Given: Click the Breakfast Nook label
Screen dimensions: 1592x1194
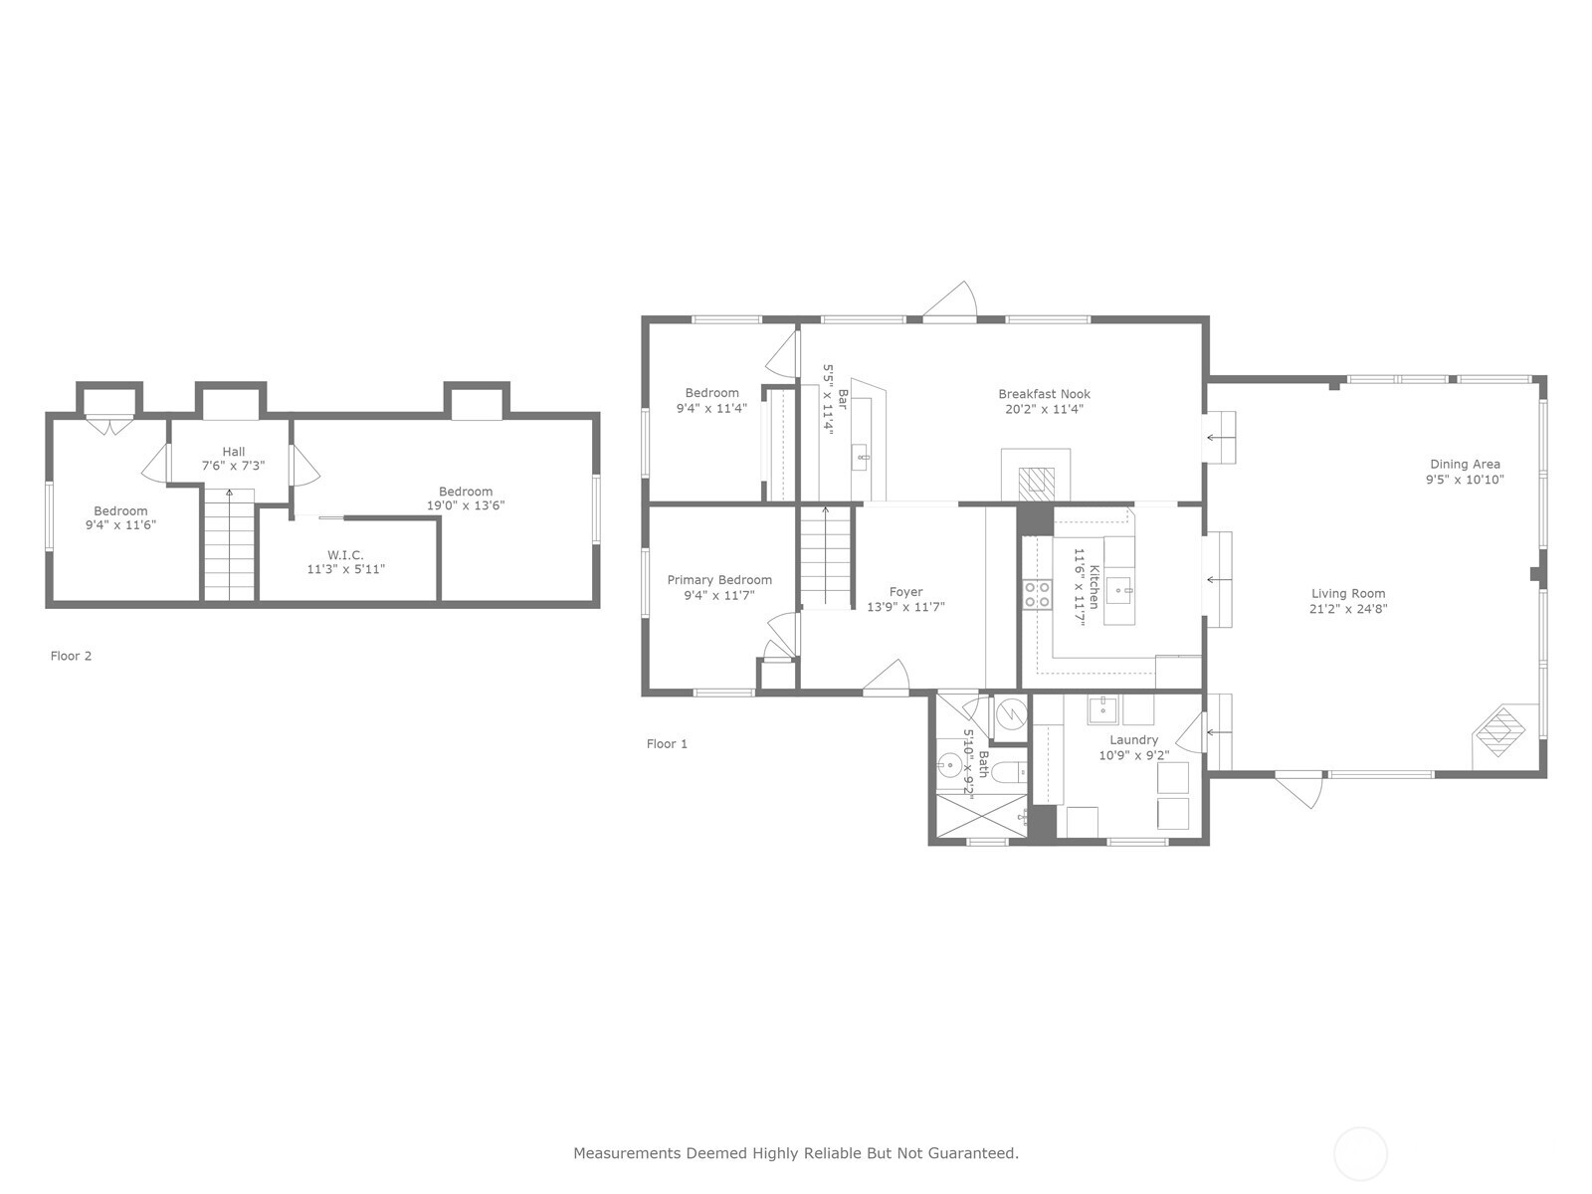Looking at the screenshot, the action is click(x=1044, y=394).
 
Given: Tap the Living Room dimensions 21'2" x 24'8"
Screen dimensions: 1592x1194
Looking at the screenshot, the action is click(x=1348, y=609).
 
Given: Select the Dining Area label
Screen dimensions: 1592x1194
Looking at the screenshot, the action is click(x=1465, y=464).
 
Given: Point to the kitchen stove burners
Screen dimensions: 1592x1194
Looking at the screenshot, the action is click(x=1037, y=594).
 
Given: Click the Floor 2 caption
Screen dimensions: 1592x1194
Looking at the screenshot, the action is click(x=71, y=656).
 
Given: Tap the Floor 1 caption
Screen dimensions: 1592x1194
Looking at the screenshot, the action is click(x=667, y=744).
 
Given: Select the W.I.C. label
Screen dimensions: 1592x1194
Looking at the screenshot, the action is click(x=345, y=555).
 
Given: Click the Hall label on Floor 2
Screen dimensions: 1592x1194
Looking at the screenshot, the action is click(x=234, y=452).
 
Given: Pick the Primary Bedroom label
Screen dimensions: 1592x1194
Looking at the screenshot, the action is click(x=719, y=580).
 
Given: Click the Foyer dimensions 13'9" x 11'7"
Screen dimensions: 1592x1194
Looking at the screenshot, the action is click(x=905, y=607).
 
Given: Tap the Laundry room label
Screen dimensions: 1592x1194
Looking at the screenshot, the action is click(x=1133, y=740).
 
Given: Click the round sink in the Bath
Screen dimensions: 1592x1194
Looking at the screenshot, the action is click(x=948, y=764).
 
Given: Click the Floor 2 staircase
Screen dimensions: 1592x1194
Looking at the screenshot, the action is click(x=229, y=545).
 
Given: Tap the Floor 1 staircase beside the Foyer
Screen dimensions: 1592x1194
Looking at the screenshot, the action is click(x=826, y=557).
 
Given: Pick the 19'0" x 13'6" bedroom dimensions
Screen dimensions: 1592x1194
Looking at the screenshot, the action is click(x=466, y=505).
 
